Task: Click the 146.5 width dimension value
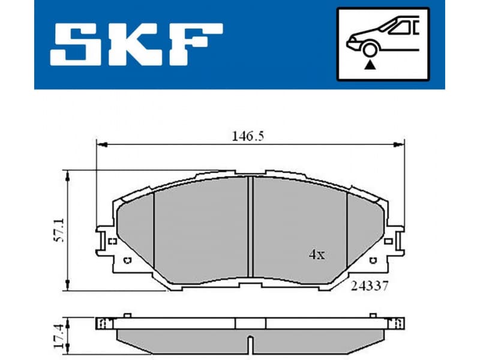(x=249, y=136)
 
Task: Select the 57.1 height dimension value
(x=58, y=230)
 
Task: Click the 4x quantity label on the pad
(x=316, y=254)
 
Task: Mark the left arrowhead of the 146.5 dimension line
(x=101, y=145)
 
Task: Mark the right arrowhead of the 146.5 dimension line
(x=400, y=145)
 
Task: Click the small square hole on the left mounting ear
(x=112, y=241)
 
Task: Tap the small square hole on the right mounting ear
(x=388, y=241)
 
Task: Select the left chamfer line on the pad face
(x=154, y=231)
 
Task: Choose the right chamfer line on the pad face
(x=347, y=231)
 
